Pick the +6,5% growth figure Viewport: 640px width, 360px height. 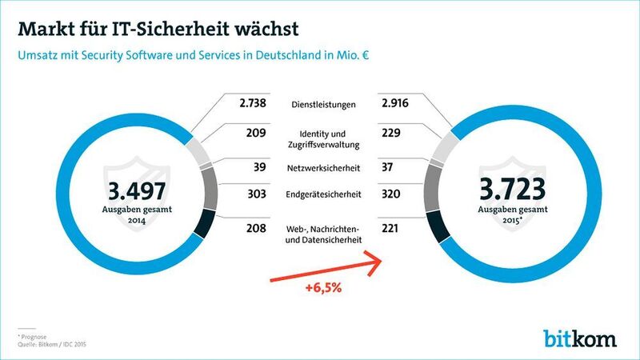point(322,289)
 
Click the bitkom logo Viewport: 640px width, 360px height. point(581,337)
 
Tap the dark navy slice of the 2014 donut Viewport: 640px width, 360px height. point(201,225)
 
